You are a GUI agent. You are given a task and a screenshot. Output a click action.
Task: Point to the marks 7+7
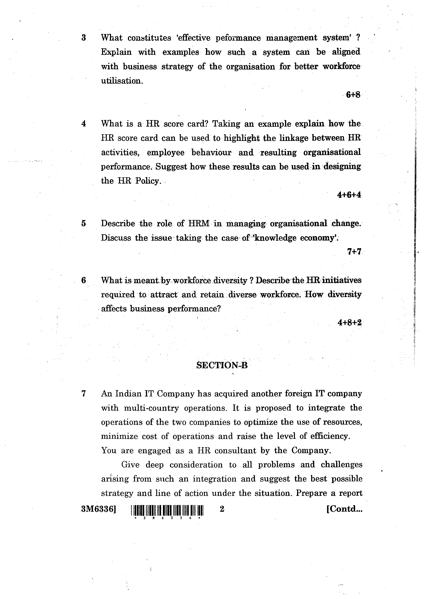pyautogui.click(x=354, y=252)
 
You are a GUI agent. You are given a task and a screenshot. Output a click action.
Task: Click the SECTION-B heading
pyautogui.click(x=222, y=365)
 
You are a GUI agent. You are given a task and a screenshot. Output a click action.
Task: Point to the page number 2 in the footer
pyautogui.click(x=222, y=509)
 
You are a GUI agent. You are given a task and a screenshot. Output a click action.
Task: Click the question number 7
pyautogui.click(x=84, y=394)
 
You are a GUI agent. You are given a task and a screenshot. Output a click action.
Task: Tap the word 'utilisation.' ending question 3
pyautogui.click(x=122, y=81)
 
